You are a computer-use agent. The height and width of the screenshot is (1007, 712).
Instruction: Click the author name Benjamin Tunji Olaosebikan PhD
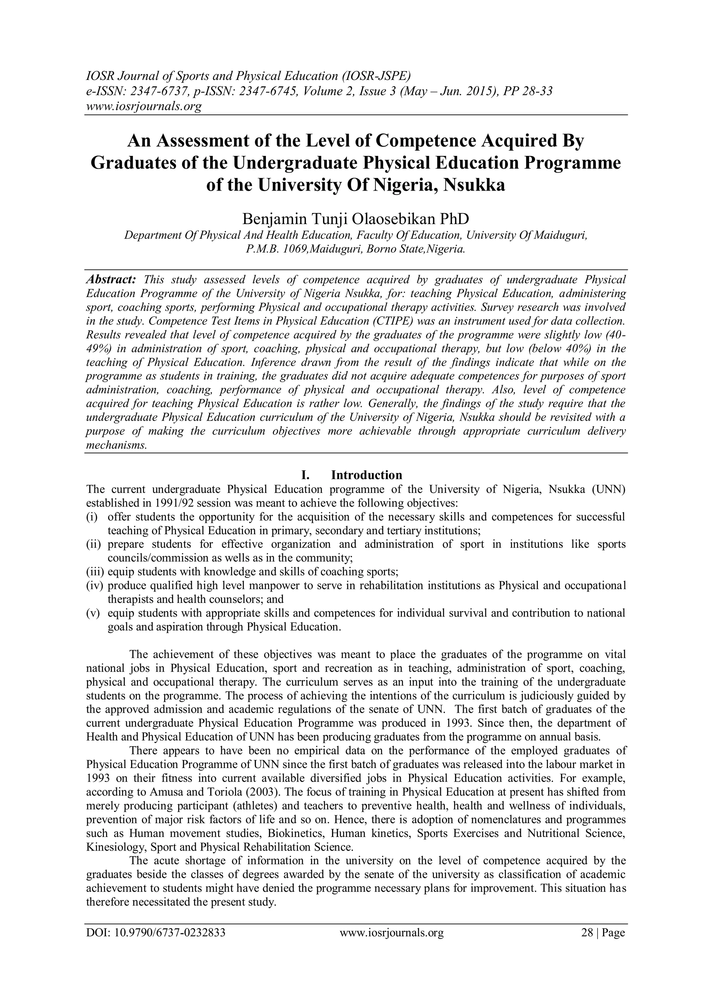point(356,218)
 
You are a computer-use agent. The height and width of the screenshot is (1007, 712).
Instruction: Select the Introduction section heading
point(366,475)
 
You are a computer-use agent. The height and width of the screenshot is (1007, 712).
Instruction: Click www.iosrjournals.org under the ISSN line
point(143,106)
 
